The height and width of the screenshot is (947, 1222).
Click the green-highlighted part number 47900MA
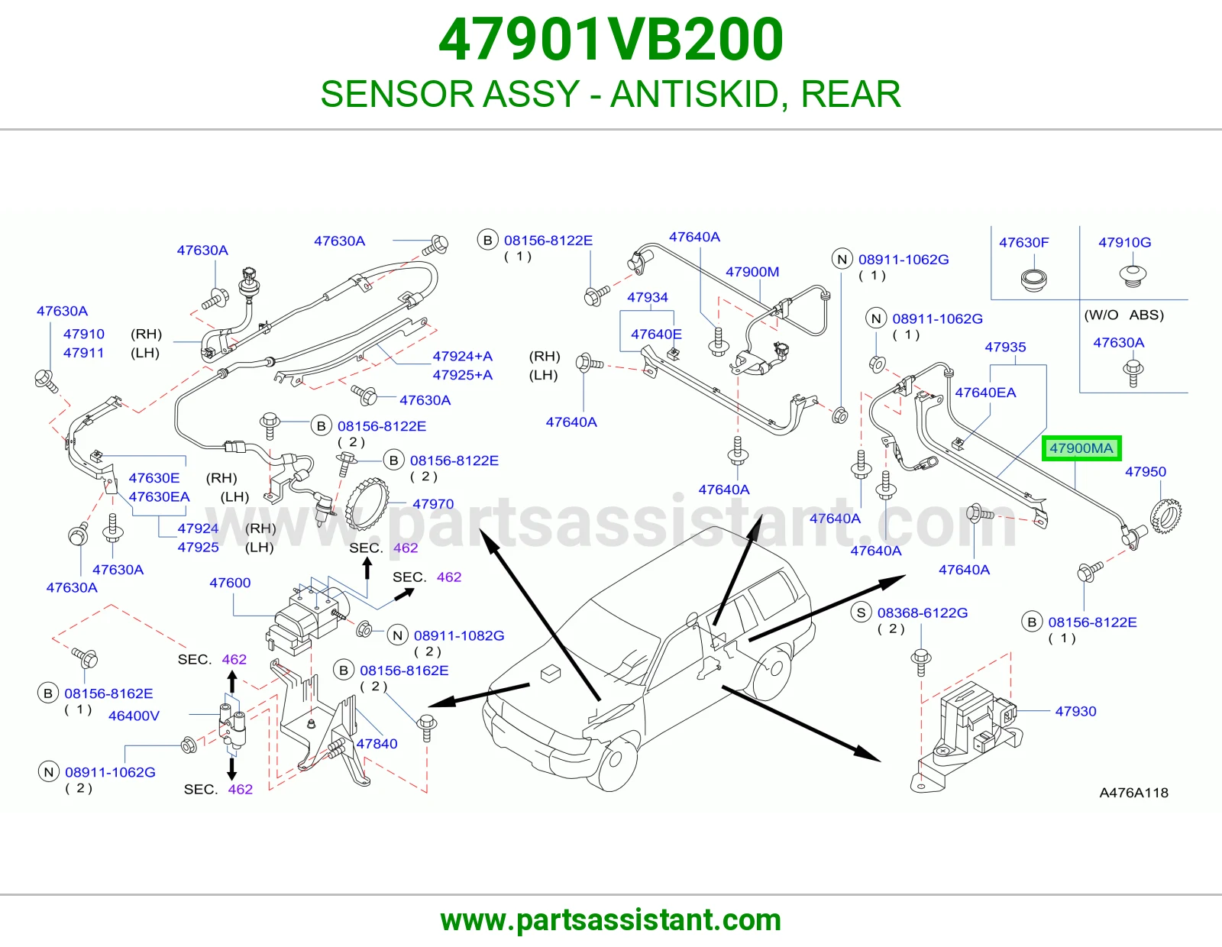coord(1081,448)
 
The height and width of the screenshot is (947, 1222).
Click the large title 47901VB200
coord(611,40)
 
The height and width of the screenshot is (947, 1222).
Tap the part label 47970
coord(433,504)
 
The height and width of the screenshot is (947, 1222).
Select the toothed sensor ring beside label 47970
coord(368,503)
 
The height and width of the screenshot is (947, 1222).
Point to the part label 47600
coord(230,583)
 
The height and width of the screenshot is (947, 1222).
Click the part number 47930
coord(1076,711)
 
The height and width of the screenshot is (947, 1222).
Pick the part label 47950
coord(1146,471)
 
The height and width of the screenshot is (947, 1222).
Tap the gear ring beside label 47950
coord(1165,514)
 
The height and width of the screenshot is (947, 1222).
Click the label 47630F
coord(1024,242)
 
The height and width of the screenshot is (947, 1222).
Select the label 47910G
coord(1125,242)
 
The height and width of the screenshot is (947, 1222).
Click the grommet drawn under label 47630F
coord(1033,280)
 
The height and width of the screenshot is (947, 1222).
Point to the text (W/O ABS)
coord(1123,315)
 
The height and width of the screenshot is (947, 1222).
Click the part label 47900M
coord(752,272)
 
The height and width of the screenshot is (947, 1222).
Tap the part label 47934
coord(647,297)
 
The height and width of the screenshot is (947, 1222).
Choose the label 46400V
coord(134,716)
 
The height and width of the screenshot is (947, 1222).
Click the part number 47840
coord(377,743)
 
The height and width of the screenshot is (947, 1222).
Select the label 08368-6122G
coord(923,612)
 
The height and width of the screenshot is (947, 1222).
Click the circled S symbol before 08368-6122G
coord(861,612)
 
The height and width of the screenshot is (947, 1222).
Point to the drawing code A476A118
coord(1133,793)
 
